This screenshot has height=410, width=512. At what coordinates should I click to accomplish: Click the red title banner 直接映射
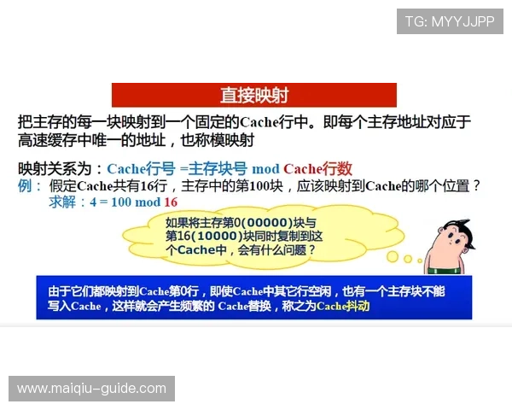254,94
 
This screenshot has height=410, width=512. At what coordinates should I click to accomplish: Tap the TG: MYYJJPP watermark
450,20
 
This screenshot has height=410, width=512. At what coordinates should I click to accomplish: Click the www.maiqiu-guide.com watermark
92,389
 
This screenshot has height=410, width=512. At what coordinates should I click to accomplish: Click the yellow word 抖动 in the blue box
357,306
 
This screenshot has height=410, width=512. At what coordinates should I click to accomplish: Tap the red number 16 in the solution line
170,202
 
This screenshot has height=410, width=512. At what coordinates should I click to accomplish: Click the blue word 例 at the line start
26,185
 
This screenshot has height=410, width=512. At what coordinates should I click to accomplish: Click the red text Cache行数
317,168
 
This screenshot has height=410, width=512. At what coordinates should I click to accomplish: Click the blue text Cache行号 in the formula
141,168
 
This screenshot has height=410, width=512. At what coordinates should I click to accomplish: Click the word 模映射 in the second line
231,139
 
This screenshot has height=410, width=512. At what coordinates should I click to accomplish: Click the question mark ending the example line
476,185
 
